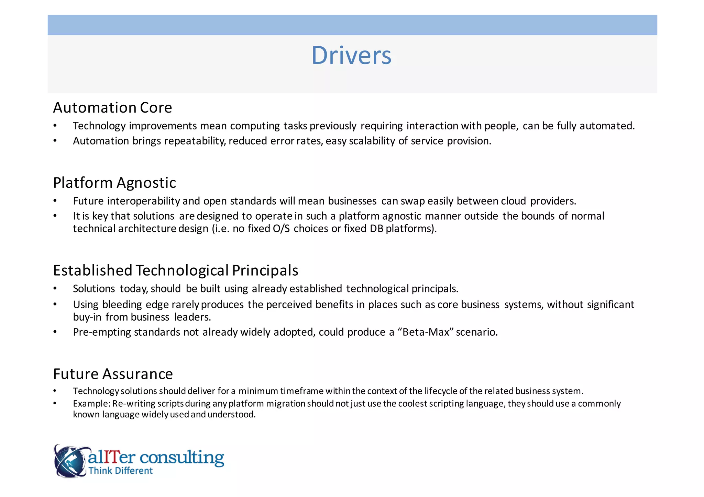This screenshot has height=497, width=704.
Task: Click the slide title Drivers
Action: point(351,56)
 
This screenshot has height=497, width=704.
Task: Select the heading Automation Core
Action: point(112,108)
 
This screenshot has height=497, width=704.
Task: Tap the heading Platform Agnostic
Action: point(114,183)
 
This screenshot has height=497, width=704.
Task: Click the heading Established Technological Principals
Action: point(175,270)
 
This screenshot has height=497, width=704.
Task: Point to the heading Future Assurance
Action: point(113,374)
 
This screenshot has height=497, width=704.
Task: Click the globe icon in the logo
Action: point(70,461)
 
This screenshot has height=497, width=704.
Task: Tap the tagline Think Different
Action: point(120,471)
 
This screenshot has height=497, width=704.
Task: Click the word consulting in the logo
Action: point(182,458)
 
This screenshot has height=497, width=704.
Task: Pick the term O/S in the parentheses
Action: point(281,229)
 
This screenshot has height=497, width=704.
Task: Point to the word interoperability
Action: point(143,201)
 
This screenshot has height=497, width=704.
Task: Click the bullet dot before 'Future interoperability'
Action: point(55,201)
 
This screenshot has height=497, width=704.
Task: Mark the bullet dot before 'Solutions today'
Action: point(55,289)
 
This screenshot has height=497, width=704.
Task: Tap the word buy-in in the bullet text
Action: point(87,317)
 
